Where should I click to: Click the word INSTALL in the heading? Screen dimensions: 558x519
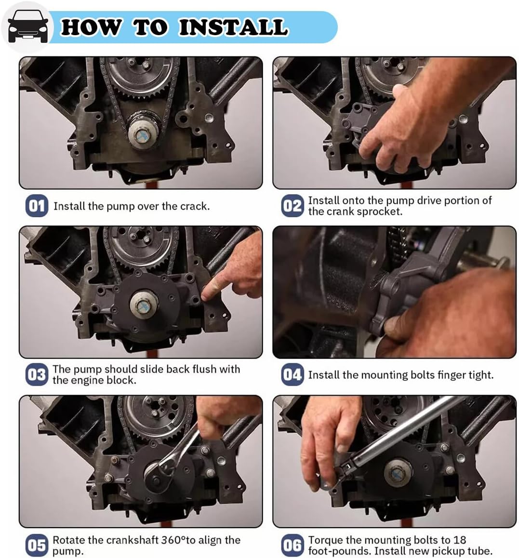click(x=233, y=27)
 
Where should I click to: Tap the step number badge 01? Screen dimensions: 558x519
click(x=36, y=206)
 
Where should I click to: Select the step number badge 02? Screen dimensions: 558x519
click(x=292, y=206)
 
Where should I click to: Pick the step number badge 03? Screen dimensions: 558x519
click(x=36, y=375)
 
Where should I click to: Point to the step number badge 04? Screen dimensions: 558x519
click(x=292, y=375)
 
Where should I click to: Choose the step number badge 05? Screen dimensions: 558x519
click(x=36, y=545)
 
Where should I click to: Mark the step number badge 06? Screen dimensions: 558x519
click(x=292, y=545)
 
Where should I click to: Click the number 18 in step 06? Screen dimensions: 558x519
click(x=460, y=540)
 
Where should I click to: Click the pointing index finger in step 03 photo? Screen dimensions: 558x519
click(x=212, y=291)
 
